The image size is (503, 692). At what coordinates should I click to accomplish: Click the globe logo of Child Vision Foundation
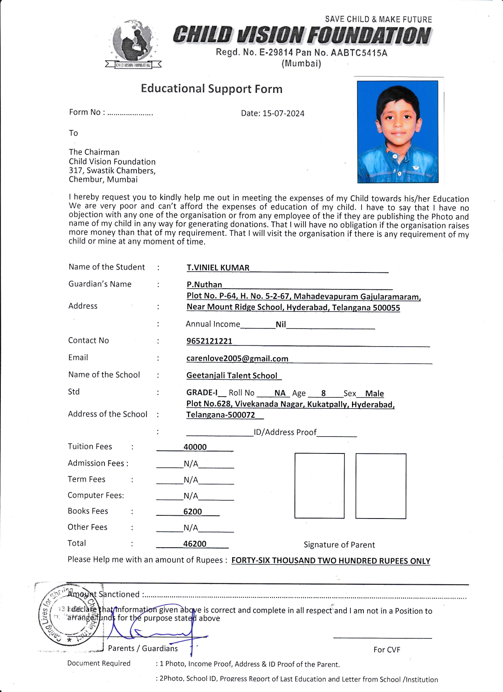point(133,43)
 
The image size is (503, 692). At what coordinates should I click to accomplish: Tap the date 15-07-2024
point(283,114)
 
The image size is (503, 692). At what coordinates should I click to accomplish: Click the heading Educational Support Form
point(212,89)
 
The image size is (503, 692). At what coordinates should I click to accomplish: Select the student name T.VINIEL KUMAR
point(218,268)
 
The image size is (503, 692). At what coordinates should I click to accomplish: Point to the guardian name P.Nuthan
point(204,285)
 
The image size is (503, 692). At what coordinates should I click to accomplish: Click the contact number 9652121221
point(209,341)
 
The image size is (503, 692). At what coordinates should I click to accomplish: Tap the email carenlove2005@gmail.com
point(237,358)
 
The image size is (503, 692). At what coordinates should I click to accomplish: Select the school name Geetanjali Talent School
point(232,376)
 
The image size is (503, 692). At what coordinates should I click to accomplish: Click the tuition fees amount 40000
point(195,447)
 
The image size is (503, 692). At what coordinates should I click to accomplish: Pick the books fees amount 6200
point(193,512)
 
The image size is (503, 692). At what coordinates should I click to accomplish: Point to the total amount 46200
point(195,544)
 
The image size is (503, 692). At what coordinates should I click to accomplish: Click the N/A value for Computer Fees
point(191,496)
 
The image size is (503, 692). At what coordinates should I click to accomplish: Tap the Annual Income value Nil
point(281,325)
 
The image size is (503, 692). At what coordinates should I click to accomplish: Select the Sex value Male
point(374,394)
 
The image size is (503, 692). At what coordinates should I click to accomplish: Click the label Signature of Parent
point(339,545)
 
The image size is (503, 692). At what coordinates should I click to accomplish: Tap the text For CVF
point(387,650)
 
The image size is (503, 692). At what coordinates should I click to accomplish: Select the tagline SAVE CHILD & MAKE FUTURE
point(378,19)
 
